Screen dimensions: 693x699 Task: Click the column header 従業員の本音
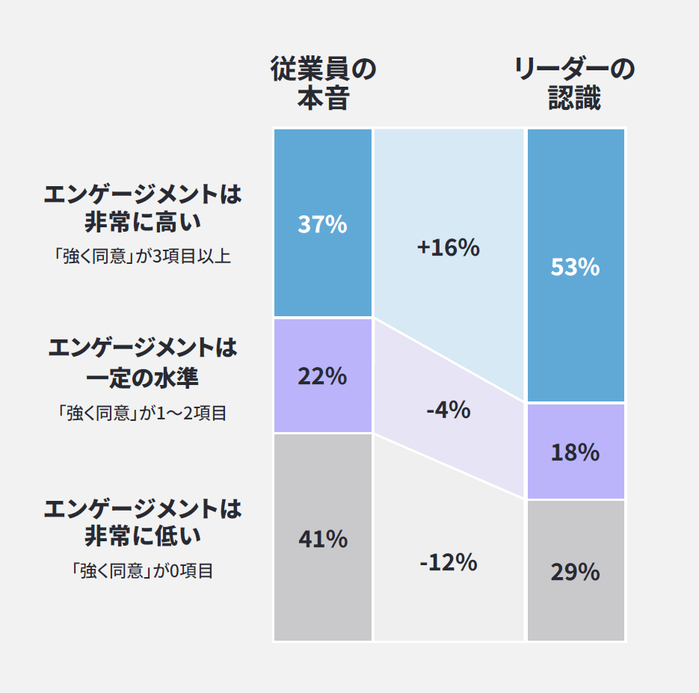pos(323,84)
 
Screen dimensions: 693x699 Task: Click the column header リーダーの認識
pos(575,84)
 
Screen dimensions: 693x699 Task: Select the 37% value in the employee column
pos(323,224)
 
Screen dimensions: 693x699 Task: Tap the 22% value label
pos(323,377)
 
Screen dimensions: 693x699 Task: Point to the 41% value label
pos(323,539)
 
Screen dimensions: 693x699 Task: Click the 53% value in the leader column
pos(575,267)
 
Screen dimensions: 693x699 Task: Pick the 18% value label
pos(575,452)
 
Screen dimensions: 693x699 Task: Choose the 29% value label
pos(575,572)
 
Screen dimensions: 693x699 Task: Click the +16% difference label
pos(448,247)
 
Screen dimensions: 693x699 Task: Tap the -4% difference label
pos(448,410)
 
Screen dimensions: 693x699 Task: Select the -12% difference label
pos(448,562)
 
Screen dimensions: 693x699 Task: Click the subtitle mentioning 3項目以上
pos(143,256)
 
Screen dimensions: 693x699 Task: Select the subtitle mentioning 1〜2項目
pos(143,413)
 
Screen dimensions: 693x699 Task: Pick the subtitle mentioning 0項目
pos(143,571)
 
